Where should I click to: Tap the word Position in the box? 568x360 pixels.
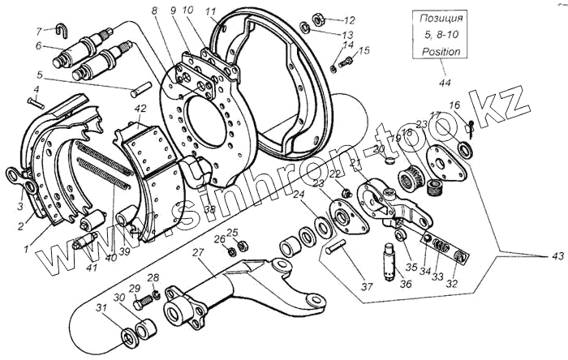click(x=440, y=51)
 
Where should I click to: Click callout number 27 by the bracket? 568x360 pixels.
click(x=197, y=254)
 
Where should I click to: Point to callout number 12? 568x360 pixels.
click(x=350, y=20)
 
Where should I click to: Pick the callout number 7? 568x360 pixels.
click(x=38, y=31)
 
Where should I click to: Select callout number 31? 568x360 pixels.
click(x=101, y=307)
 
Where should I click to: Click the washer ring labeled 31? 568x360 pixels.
click(x=128, y=336)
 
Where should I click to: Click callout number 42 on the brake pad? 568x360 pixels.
click(x=140, y=109)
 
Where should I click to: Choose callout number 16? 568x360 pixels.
click(x=454, y=105)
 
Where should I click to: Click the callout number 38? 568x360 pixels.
click(x=209, y=208)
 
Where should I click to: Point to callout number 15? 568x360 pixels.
click(x=364, y=51)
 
